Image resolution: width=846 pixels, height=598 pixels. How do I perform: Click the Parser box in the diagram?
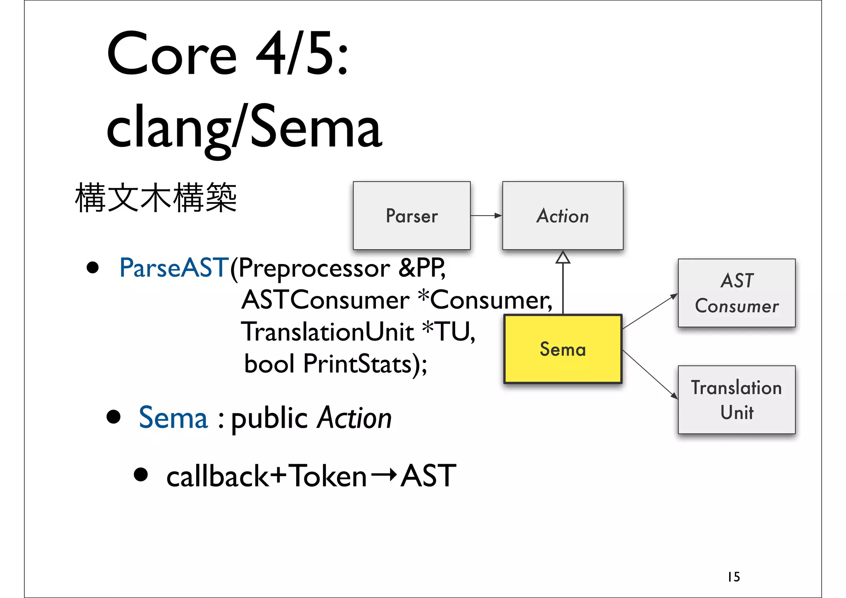click(411, 215)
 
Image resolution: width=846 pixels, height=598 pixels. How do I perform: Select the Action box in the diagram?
click(563, 215)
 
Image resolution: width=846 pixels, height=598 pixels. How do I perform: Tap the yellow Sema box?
click(563, 349)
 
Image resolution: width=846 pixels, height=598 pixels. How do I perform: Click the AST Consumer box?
click(737, 293)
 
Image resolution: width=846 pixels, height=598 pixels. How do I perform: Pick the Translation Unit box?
click(737, 400)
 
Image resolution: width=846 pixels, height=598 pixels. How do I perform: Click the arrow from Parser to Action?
click(486, 215)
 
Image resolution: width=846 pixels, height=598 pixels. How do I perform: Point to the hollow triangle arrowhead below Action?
click(563, 258)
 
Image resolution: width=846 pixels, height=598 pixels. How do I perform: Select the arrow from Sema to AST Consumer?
click(650, 311)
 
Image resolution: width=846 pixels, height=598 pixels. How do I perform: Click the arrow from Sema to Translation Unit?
click(650, 374)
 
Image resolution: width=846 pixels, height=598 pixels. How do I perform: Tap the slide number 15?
click(734, 577)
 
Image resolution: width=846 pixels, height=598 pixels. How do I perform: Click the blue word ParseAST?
click(173, 268)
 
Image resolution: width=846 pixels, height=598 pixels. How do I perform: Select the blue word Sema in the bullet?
click(173, 418)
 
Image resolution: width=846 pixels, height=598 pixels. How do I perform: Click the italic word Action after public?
click(354, 418)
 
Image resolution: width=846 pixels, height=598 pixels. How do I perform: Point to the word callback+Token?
click(266, 476)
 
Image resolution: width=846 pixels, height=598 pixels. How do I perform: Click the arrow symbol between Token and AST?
click(384, 475)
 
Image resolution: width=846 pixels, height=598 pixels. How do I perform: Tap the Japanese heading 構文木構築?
click(156, 198)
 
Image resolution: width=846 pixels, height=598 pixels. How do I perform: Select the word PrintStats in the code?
click(358, 364)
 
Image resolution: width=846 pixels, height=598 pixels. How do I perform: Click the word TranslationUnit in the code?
click(327, 332)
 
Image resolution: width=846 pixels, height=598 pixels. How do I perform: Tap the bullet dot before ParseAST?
click(93, 268)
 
